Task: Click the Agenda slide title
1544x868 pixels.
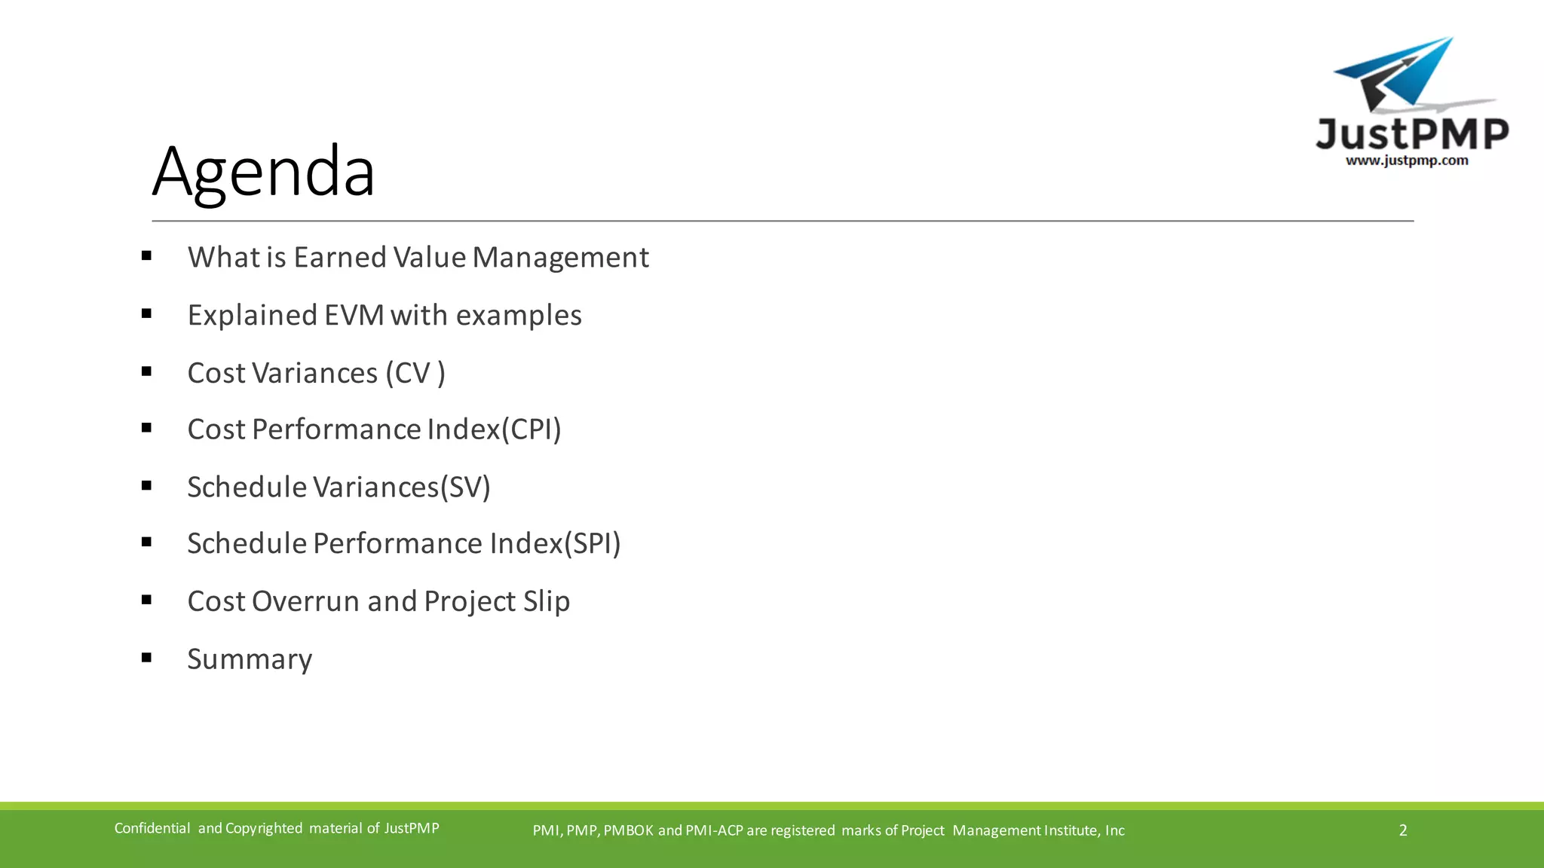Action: [x=263, y=172]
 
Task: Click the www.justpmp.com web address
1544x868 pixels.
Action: [x=1407, y=160]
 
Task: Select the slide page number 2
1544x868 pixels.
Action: [x=1402, y=830]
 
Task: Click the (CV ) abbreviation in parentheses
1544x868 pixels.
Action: [x=415, y=373]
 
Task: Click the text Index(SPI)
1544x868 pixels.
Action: [x=555, y=543]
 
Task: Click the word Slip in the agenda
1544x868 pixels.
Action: [x=546, y=601]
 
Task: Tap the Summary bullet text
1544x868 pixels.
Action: [x=250, y=659]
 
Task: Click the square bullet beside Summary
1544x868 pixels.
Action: [x=146, y=658]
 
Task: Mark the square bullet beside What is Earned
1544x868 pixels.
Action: [x=146, y=256]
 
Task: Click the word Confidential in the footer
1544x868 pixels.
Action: [x=152, y=828]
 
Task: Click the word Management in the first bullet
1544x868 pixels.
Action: [x=560, y=258]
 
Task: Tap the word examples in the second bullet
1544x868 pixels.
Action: [x=518, y=315]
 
